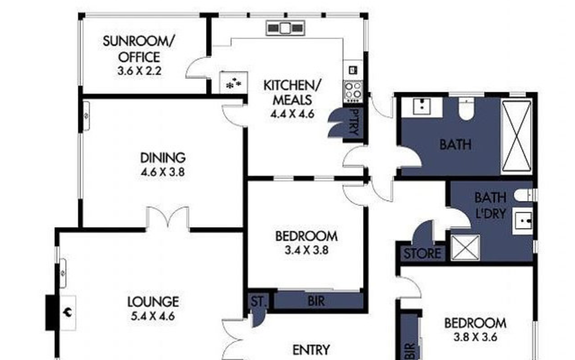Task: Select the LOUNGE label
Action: tap(153, 301)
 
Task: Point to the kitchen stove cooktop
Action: tap(352, 89)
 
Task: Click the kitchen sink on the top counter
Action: tap(285, 28)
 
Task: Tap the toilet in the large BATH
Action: tap(465, 109)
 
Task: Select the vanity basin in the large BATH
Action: tap(422, 106)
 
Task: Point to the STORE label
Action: tap(422, 254)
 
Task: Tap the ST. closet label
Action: tap(258, 301)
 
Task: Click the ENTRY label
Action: tap(311, 350)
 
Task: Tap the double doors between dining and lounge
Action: tap(167, 219)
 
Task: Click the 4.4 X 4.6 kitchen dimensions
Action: tap(292, 113)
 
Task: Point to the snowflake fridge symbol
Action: tap(234, 83)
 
